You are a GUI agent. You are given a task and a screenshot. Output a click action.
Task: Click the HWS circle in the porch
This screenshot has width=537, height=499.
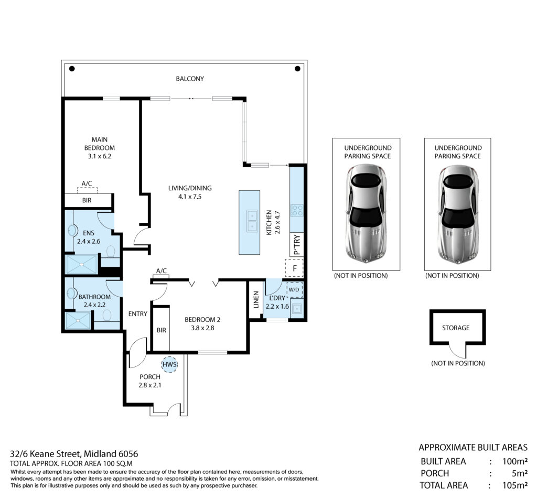tap(169, 364)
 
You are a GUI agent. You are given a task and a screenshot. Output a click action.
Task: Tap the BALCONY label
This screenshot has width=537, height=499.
tap(190, 79)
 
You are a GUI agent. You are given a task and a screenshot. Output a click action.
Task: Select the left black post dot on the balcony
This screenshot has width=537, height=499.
tap(72, 69)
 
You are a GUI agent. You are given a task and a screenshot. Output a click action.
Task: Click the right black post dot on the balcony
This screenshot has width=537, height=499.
tap(298, 69)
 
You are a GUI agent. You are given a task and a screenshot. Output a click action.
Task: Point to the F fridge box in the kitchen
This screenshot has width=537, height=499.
tap(294, 268)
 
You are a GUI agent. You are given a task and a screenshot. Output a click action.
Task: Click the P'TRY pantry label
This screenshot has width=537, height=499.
tap(297, 244)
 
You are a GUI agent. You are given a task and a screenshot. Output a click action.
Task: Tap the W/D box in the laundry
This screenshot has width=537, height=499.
tap(294, 290)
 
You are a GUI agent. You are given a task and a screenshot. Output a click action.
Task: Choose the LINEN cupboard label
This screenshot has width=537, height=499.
tap(256, 299)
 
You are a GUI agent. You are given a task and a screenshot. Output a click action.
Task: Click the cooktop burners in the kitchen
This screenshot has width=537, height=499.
tap(297, 210)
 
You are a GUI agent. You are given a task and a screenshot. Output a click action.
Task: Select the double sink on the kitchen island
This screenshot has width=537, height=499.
tap(252, 221)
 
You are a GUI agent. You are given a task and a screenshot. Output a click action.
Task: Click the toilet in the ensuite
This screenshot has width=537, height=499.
tap(110, 252)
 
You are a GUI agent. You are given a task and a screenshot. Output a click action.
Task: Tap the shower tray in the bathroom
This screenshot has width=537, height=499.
tap(79, 321)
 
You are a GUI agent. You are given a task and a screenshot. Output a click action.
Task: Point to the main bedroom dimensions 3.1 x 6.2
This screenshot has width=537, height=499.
tap(99, 156)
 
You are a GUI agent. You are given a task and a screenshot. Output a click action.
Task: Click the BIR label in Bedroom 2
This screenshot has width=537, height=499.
tap(162, 330)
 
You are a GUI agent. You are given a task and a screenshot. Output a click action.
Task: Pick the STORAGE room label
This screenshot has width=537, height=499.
tap(456, 328)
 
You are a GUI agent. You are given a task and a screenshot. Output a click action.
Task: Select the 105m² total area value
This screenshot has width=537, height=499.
tap(515, 485)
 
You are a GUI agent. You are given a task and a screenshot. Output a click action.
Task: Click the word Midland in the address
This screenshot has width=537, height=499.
tap(100, 454)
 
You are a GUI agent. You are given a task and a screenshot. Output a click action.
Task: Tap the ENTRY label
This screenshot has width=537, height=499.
tap(138, 314)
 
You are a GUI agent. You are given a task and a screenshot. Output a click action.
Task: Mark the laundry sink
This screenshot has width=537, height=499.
tap(296, 309)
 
